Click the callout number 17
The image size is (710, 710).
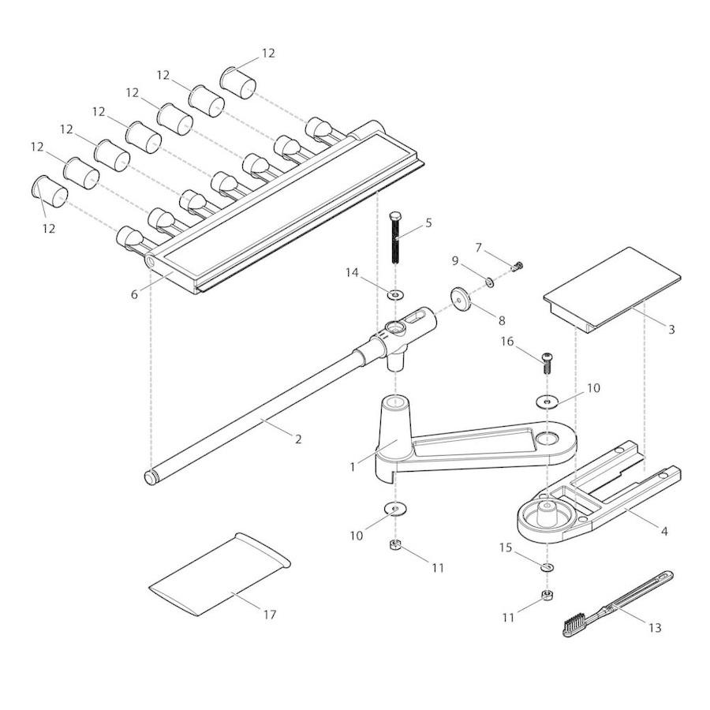click(270, 615)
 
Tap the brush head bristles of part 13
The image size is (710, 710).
click(574, 625)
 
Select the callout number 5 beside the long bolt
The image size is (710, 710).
click(428, 222)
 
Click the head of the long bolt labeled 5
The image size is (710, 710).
click(394, 217)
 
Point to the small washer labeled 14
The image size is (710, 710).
click(394, 294)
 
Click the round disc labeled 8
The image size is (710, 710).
click(460, 297)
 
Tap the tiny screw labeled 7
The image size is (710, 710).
click(518, 266)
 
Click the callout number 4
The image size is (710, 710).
click(664, 532)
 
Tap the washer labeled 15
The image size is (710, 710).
click(547, 566)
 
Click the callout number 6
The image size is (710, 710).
click(135, 293)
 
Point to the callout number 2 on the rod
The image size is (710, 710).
click(297, 439)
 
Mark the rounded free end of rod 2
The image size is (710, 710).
click(150, 477)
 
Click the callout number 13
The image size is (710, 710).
click(654, 628)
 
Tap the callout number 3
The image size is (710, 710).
click(671, 329)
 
